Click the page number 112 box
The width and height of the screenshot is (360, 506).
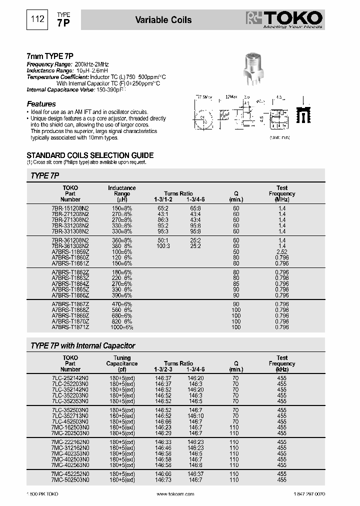tap(37, 20)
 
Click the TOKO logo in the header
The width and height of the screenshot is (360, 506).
tap(285, 19)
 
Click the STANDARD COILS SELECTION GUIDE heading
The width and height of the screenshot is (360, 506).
tap(89, 155)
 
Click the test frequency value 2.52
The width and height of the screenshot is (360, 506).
tap(282, 252)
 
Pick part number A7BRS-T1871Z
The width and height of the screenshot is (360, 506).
tap(70, 327)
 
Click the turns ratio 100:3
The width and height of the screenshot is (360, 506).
tap(163, 246)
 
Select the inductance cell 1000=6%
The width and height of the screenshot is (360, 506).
tap(121, 327)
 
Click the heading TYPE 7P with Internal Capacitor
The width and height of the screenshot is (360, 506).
tap(83, 345)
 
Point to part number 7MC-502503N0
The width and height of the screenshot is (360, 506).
tap(70, 479)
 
